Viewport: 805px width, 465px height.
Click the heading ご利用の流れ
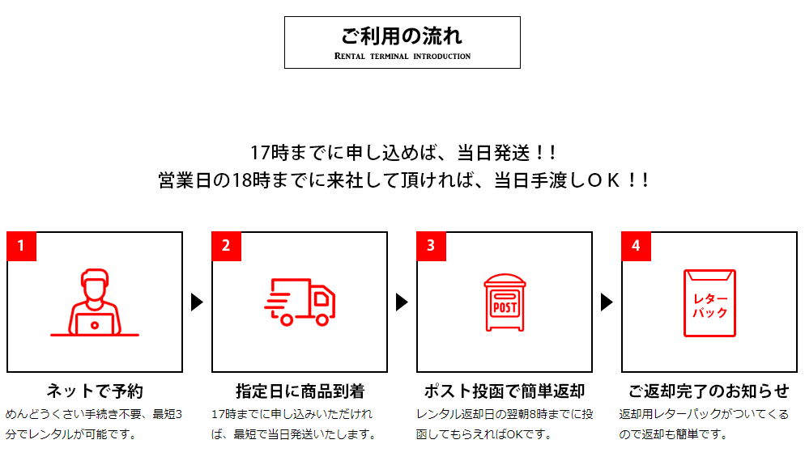coord(402,36)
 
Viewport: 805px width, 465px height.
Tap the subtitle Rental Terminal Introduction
coord(402,56)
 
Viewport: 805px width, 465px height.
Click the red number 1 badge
coord(21,246)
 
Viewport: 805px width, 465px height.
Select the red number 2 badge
coord(226,246)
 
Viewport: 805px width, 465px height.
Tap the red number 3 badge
coord(431,246)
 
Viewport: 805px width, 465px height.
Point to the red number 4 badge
coord(636,246)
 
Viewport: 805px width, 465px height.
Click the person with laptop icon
coord(95,302)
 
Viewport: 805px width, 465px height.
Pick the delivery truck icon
coord(300,302)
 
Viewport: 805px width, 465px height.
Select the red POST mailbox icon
coord(505,302)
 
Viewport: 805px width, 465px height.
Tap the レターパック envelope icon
coord(709,303)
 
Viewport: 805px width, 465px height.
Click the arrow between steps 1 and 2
coord(197,302)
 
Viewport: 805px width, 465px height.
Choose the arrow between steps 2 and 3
coord(402,302)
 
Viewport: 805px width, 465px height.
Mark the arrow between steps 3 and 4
coord(607,302)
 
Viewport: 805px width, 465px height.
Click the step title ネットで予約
coord(95,391)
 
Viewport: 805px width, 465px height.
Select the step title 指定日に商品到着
coord(300,391)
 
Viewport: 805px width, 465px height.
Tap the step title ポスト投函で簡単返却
coord(505,391)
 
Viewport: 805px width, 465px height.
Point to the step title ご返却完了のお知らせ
coord(709,391)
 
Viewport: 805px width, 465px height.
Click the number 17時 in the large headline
coord(270,153)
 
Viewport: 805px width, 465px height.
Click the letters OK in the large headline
coord(604,180)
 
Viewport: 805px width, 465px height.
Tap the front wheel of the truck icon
coord(322,320)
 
